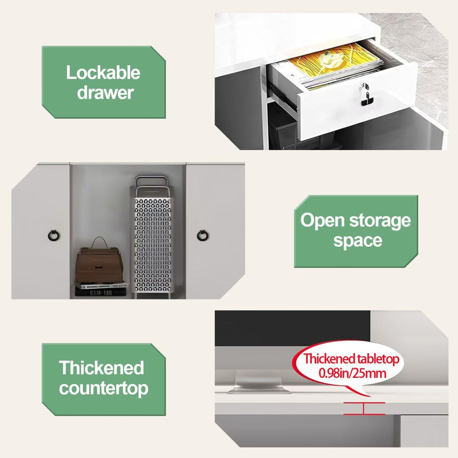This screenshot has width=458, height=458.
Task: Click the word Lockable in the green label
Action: [103, 73]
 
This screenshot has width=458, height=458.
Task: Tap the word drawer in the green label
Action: [105, 92]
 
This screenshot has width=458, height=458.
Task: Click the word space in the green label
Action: [358, 241]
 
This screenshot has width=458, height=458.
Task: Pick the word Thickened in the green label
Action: [101, 368]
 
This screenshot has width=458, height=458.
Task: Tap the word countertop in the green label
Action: [104, 388]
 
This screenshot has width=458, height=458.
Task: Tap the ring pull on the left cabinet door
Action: [54, 235]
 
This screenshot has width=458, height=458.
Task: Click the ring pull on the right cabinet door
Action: [203, 235]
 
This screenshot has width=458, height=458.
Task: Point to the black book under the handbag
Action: [100, 292]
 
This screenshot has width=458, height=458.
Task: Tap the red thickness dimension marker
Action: [364, 408]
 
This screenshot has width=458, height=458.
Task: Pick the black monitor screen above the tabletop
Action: [292, 328]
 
